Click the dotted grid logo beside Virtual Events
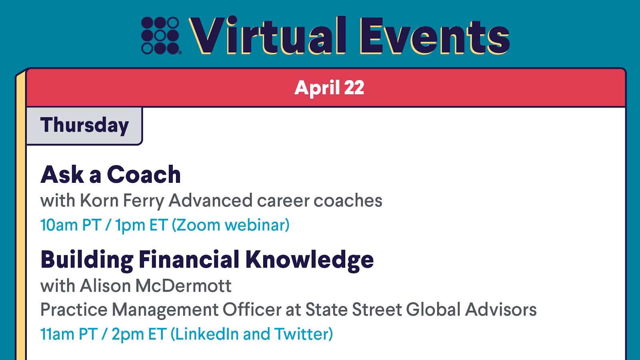pos(161,36)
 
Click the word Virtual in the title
pos(268,35)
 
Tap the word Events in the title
pos(434,36)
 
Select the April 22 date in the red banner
pos(329,88)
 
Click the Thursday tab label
pos(84,126)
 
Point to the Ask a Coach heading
pos(110,174)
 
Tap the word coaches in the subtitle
pos(348,200)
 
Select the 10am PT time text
pos(71,225)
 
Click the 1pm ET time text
pos(142,225)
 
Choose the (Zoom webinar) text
pos(230,225)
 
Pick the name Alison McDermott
pos(156,286)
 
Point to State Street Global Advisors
pos(421,310)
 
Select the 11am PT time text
pos(69,334)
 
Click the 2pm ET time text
pos(139,334)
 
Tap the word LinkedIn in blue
pos(207,334)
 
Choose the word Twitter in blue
pos(301,334)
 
